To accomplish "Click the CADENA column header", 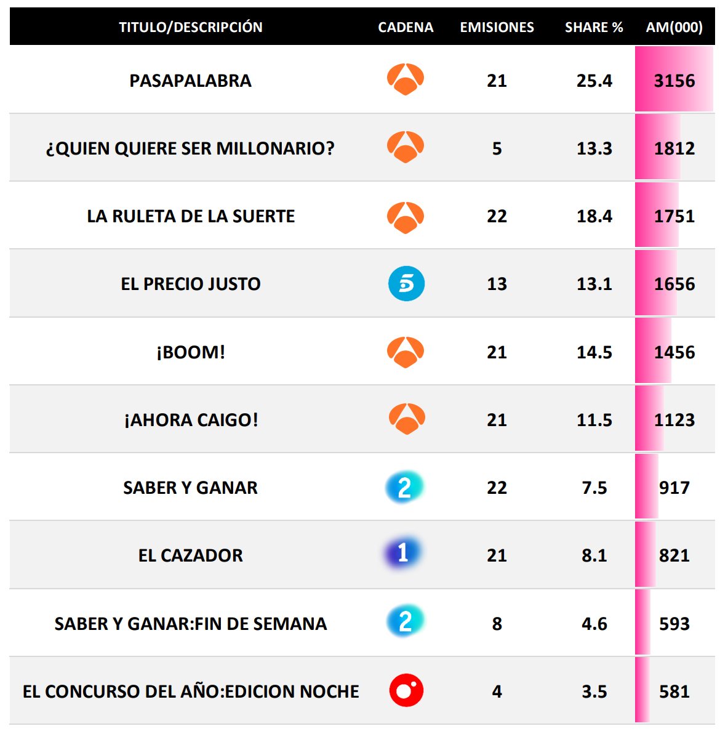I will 406,27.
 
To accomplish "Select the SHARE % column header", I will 594,27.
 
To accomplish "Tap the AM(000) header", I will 674,27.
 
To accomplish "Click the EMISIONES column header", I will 497,27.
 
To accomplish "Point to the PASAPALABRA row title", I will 190,81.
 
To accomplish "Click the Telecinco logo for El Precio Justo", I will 406,284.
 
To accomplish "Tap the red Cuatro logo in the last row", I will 406,690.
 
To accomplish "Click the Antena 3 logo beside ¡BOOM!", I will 406,352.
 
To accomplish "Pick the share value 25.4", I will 594,81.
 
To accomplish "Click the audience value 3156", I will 674,81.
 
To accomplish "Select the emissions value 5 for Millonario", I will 497,148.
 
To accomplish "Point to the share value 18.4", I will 594,216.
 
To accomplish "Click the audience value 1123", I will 674,420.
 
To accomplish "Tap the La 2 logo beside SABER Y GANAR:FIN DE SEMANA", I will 405,622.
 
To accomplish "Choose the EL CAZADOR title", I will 190,555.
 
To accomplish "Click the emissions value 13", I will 497,284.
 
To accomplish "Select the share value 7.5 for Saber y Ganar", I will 594,488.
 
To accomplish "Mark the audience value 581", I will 674,692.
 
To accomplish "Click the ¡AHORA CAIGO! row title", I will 191,420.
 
